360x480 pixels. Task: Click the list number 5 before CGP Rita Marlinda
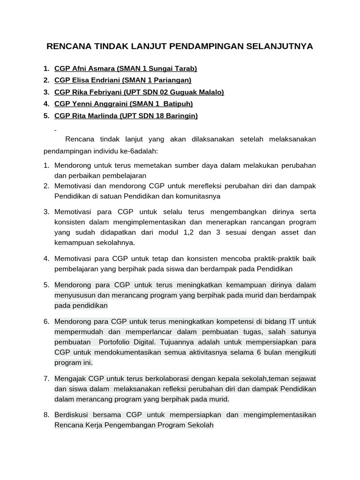[x=46, y=116]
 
